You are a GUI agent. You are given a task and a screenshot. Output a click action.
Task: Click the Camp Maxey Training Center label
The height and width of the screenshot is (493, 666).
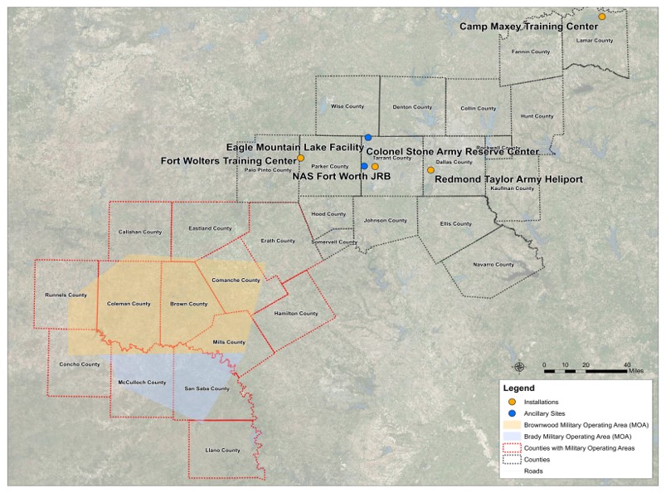coord(530,27)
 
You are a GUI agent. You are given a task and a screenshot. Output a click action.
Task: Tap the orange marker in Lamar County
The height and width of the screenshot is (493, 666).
coord(602,17)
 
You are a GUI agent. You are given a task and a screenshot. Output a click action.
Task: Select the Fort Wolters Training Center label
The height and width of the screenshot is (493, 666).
coord(228,160)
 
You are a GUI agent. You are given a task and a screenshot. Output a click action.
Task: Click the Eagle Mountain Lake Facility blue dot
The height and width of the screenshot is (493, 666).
coord(367,137)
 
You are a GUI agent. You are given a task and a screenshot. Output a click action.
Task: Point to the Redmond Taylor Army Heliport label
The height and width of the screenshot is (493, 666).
coord(509,179)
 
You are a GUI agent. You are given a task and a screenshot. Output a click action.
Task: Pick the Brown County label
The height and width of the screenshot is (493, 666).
coord(188,304)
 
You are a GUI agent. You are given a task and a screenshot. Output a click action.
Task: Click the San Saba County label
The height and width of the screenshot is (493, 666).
coord(207,388)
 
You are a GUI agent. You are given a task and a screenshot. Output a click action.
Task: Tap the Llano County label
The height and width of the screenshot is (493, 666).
coord(222,451)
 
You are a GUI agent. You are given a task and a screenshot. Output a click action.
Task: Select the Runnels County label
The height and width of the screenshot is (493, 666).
coord(66,295)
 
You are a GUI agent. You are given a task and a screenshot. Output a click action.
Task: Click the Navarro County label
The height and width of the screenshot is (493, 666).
coord(493,265)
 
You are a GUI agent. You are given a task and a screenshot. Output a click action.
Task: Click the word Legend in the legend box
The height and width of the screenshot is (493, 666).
coord(518,388)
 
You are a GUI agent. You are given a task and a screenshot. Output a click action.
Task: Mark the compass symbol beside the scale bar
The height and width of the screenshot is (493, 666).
coord(519,367)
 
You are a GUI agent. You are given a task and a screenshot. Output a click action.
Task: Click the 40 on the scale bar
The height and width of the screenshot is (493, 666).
coord(628,364)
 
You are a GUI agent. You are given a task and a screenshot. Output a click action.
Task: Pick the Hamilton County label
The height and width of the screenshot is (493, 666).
coord(296,314)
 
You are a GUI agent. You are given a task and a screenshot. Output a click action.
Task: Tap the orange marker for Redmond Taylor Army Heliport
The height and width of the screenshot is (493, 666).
coord(430,170)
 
